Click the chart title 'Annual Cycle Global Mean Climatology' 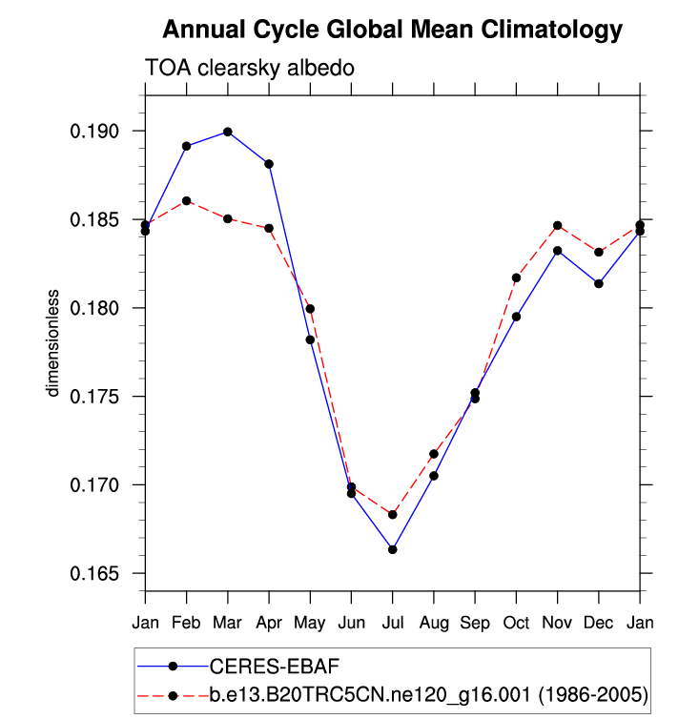tap(392, 31)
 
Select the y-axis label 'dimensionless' tap(55, 343)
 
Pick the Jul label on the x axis tap(392, 623)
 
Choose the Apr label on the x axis tap(269, 623)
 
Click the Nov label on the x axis tap(557, 623)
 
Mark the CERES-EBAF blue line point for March tap(227, 132)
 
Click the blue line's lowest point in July tap(392, 549)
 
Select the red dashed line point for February tap(186, 200)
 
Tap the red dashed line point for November tap(557, 225)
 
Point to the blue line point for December tap(599, 283)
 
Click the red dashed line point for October tap(516, 277)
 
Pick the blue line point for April tap(269, 164)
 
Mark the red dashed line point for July tap(392, 514)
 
